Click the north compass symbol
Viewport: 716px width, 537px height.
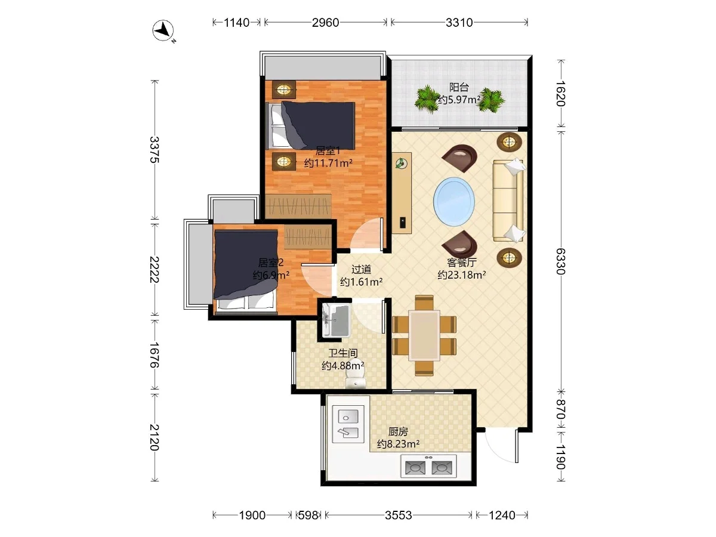pos(163,30)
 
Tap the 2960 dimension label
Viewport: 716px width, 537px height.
pos(325,23)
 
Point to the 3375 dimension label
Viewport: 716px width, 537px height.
pos(155,150)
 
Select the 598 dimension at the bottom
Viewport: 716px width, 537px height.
pos(308,515)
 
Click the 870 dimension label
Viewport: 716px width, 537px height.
pos(560,409)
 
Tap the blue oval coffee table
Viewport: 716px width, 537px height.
pos(453,202)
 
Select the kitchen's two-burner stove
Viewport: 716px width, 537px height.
pos(428,467)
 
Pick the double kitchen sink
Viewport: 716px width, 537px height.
pos(348,424)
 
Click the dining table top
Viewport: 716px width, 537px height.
pos(424,335)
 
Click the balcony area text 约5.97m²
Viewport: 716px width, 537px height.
pos(459,100)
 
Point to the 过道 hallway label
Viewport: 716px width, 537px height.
pos(361,269)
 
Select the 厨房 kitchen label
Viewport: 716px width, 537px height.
pos(398,431)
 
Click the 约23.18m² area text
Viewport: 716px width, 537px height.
pos(462,275)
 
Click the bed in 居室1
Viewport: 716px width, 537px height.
pos(310,125)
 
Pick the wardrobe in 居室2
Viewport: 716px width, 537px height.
pos(308,237)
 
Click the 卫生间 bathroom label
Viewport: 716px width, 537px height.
pos(343,353)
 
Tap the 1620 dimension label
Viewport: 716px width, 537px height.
pos(560,93)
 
